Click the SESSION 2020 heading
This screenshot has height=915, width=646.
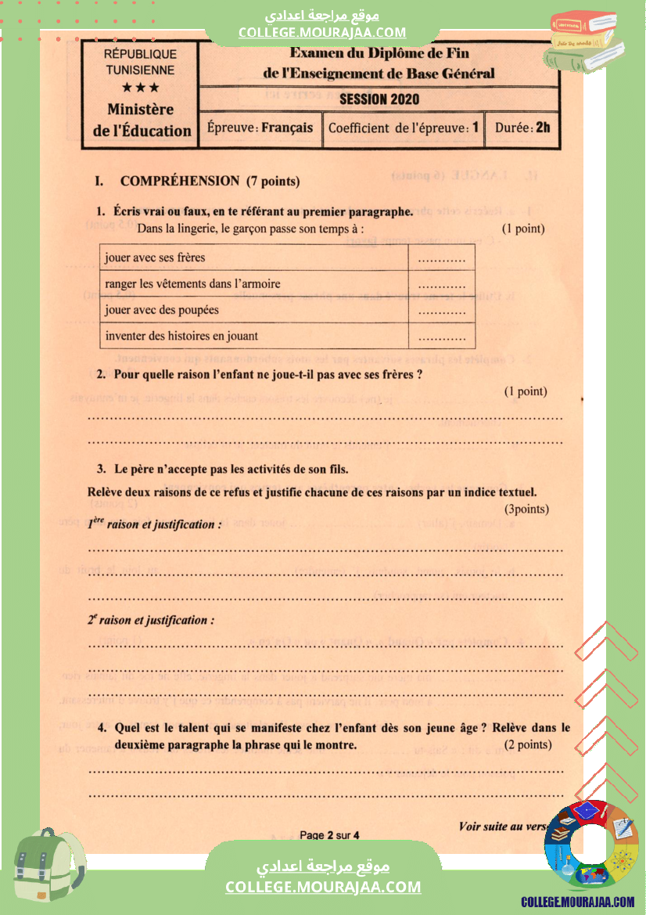click(x=379, y=99)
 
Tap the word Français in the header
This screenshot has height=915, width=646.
click(x=287, y=128)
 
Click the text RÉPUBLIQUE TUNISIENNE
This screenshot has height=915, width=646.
click(x=140, y=62)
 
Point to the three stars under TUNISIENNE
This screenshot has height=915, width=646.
click(x=140, y=88)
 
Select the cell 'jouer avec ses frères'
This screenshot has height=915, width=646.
click(x=155, y=258)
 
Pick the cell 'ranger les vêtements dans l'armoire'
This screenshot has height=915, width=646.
click(x=192, y=283)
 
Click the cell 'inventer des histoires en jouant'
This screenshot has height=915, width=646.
click(x=181, y=336)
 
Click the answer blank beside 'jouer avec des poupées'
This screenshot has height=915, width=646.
click(x=442, y=311)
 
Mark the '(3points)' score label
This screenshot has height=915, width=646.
click(x=526, y=510)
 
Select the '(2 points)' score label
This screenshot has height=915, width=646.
click(x=528, y=744)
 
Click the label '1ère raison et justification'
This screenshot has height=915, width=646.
click(x=154, y=524)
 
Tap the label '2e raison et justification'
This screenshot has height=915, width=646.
click(x=151, y=620)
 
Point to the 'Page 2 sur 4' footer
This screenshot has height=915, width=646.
click(x=329, y=835)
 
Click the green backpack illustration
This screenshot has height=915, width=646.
click(x=48, y=864)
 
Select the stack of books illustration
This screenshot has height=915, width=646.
click(x=587, y=41)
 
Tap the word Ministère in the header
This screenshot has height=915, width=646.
click(x=141, y=110)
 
